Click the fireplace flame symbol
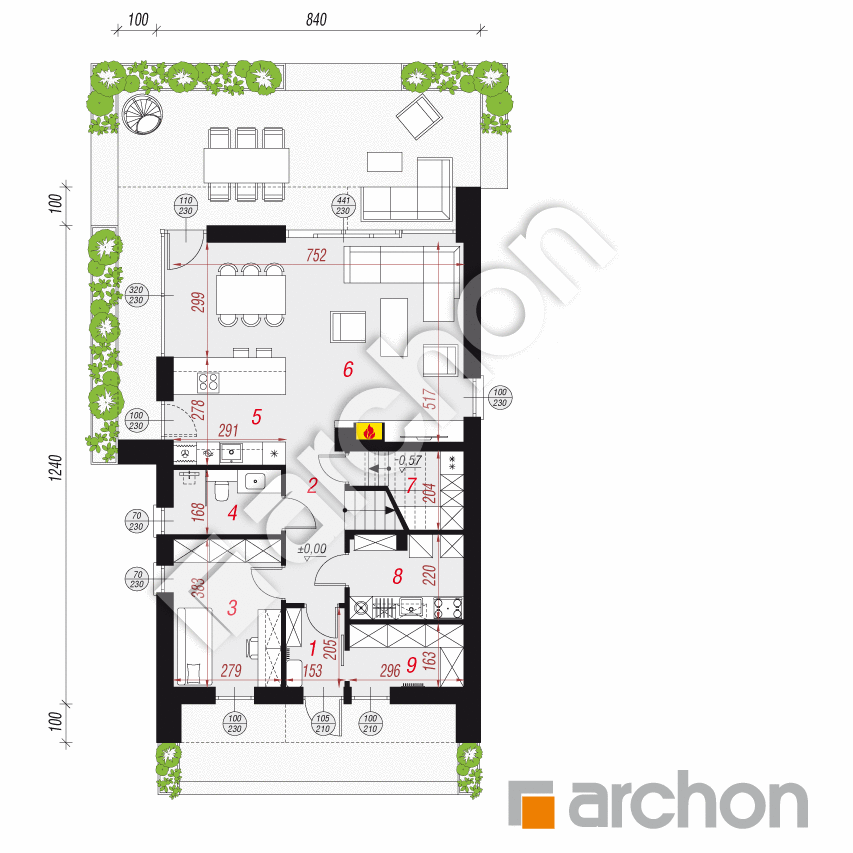click(369, 432)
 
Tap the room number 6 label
click(348, 369)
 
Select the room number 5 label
click(256, 415)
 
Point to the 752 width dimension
click(317, 255)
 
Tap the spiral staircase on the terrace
click(143, 119)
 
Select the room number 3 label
click(231, 607)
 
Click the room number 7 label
click(410, 486)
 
